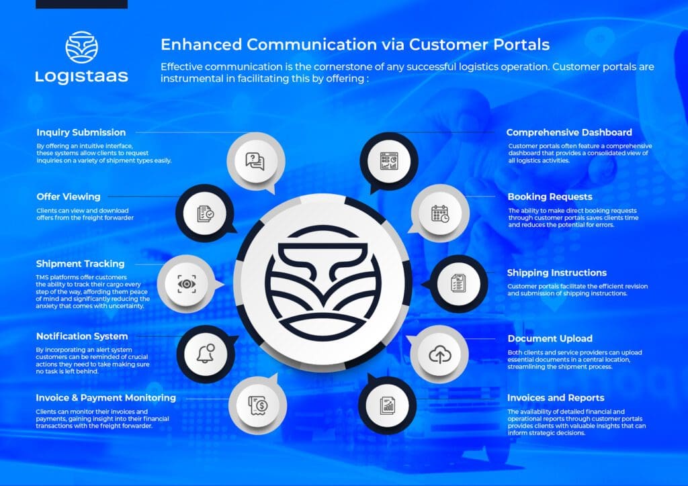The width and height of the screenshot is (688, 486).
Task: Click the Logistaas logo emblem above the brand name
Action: click(x=81, y=48)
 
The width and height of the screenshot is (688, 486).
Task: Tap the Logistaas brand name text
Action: click(x=81, y=77)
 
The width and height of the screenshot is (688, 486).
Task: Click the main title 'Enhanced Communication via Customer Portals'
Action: click(x=355, y=45)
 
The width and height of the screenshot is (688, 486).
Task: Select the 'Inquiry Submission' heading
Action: click(x=81, y=132)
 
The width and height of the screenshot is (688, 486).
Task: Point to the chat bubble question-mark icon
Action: click(x=255, y=161)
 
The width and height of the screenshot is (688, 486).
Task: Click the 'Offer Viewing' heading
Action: click(x=69, y=197)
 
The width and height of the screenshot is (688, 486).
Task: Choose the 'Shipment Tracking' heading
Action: click(x=81, y=264)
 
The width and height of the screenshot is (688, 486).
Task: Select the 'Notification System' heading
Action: click(x=82, y=336)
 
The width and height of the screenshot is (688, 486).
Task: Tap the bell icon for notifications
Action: click(x=205, y=354)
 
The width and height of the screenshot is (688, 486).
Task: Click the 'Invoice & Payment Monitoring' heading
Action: click(x=106, y=397)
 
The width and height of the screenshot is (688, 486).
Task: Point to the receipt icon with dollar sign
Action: click(x=257, y=404)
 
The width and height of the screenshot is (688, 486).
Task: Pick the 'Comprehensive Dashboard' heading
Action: click(x=569, y=132)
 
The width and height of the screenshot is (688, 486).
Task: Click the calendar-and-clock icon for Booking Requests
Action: click(x=440, y=213)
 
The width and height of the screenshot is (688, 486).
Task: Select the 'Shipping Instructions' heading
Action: click(x=557, y=273)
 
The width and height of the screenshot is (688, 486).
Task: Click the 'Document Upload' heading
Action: click(x=550, y=338)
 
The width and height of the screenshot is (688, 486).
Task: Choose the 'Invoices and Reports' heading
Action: click(x=556, y=397)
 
